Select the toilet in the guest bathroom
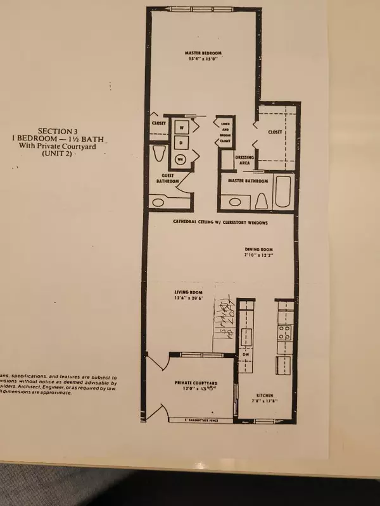[159, 154]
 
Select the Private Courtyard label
[196, 384]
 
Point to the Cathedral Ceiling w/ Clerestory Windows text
[221, 223]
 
